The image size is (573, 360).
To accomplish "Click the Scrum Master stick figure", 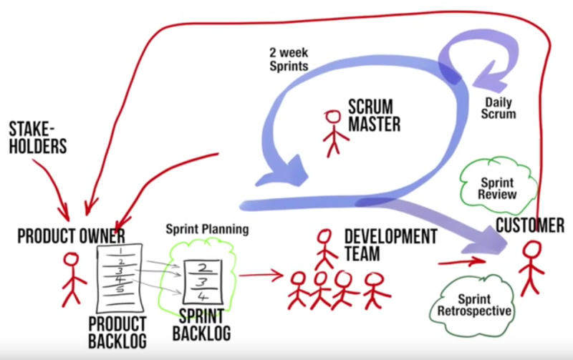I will [x=332, y=132].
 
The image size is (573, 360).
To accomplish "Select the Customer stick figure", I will [x=531, y=268].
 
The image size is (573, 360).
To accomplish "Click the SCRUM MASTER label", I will [x=373, y=115].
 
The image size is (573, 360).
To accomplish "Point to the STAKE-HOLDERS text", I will [x=38, y=138].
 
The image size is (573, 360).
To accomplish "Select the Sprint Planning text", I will [x=208, y=230].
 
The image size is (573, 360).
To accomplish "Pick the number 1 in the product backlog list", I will [x=122, y=252].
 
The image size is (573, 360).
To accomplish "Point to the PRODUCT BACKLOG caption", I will [x=117, y=331].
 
